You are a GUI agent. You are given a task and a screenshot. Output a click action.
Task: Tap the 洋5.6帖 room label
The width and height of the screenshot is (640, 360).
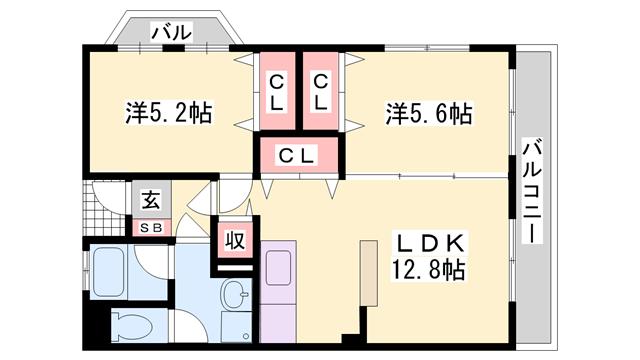click(428, 114)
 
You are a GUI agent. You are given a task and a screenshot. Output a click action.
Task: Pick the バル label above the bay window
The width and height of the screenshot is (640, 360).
click(171, 33)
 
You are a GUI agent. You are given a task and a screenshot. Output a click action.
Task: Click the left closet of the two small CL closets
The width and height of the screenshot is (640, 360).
click(274, 91)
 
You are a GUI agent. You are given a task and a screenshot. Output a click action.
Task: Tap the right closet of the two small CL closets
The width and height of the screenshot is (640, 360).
click(320, 91)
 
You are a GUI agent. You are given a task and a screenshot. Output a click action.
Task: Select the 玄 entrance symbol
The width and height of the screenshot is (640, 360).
click(150, 200)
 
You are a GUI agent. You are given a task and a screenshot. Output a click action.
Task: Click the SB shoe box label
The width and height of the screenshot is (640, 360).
click(150, 227)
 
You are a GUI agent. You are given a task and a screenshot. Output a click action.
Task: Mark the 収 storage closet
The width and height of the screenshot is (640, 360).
click(235, 240)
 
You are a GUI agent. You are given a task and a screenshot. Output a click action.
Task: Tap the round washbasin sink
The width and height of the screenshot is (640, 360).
click(236, 297)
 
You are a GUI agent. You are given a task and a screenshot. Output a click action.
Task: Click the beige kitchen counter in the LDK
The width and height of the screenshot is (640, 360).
click(367, 271)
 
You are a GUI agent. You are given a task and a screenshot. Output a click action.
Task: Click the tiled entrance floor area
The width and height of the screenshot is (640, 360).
click(104, 208)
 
